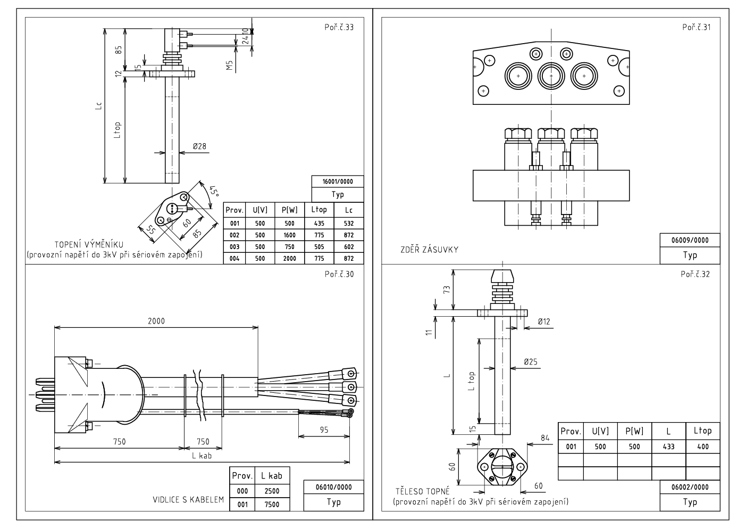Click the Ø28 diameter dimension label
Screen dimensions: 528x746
pyautogui.click(x=199, y=146)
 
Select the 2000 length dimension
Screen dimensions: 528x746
pyautogui.click(x=156, y=320)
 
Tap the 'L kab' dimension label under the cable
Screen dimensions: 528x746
pyautogui.click(x=202, y=456)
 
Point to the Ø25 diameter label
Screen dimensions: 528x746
pyautogui.click(x=531, y=361)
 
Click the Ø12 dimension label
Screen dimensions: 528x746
pyautogui.click(x=543, y=321)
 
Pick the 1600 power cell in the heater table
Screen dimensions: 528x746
pyautogui.click(x=289, y=235)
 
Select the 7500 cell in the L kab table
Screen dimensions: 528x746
pyautogui.click(x=272, y=504)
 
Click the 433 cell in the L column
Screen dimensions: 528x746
pyautogui.click(x=668, y=446)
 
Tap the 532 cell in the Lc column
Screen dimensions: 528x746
pyautogui.click(x=348, y=223)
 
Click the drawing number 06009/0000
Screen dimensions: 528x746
pyautogui.click(x=690, y=240)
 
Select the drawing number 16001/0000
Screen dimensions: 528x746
pyautogui.click(x=338, y=181)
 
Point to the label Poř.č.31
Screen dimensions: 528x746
pyautogui.click(x=696, y=27)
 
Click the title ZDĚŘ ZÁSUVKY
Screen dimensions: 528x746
pyautogui.click(x=429, y=249)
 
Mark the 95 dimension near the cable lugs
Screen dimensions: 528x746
pyautogui.click(x=324, y=430)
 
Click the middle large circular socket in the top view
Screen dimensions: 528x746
pyautogui.click(x=551, y=77)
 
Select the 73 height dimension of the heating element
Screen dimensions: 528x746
pyautogui.click(x=447, y=289)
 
